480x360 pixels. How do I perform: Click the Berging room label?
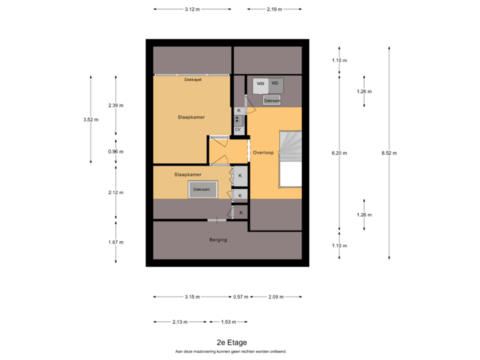(218, 240)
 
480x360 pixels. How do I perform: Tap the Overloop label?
(263, 153)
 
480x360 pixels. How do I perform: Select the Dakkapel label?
(193, 80)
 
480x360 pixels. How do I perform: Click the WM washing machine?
(261, 84)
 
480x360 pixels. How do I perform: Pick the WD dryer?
(275, 84)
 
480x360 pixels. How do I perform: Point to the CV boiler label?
(237, 129)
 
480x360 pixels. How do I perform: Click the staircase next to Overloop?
(290, 145)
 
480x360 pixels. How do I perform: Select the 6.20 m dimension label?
(340, 153)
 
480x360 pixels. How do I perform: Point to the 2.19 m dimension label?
(274, 9)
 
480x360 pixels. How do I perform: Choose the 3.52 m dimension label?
(90, 120)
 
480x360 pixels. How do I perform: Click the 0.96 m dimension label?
(116, 151)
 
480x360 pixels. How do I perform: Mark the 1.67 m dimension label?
(116, 242)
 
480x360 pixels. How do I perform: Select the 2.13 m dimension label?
(179, 322)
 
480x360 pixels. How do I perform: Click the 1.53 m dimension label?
(229, 322)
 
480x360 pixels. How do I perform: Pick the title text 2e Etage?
(231, 343)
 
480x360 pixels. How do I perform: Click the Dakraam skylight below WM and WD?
(271, 101)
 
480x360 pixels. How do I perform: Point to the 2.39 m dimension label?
(116, 105)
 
